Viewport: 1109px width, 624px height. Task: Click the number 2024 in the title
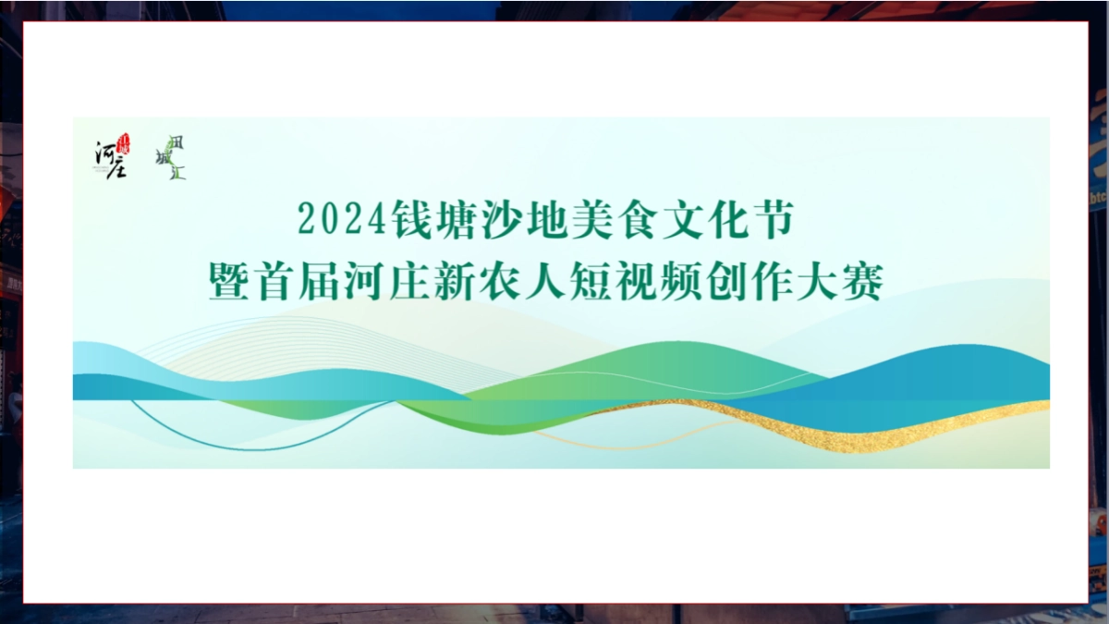click(340, 219)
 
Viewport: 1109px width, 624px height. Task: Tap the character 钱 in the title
click(411, 219)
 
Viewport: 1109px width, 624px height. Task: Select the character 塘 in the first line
click(461, 219)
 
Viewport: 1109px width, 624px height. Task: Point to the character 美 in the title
click(614, 219)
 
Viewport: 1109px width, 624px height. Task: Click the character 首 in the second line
click(279, 280)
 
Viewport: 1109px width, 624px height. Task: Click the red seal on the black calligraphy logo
click(124, 143)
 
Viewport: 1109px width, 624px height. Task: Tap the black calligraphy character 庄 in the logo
click(116, 167)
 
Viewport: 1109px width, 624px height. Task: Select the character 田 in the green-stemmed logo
click(177, 142)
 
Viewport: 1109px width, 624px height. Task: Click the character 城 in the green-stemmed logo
click(164, 158)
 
